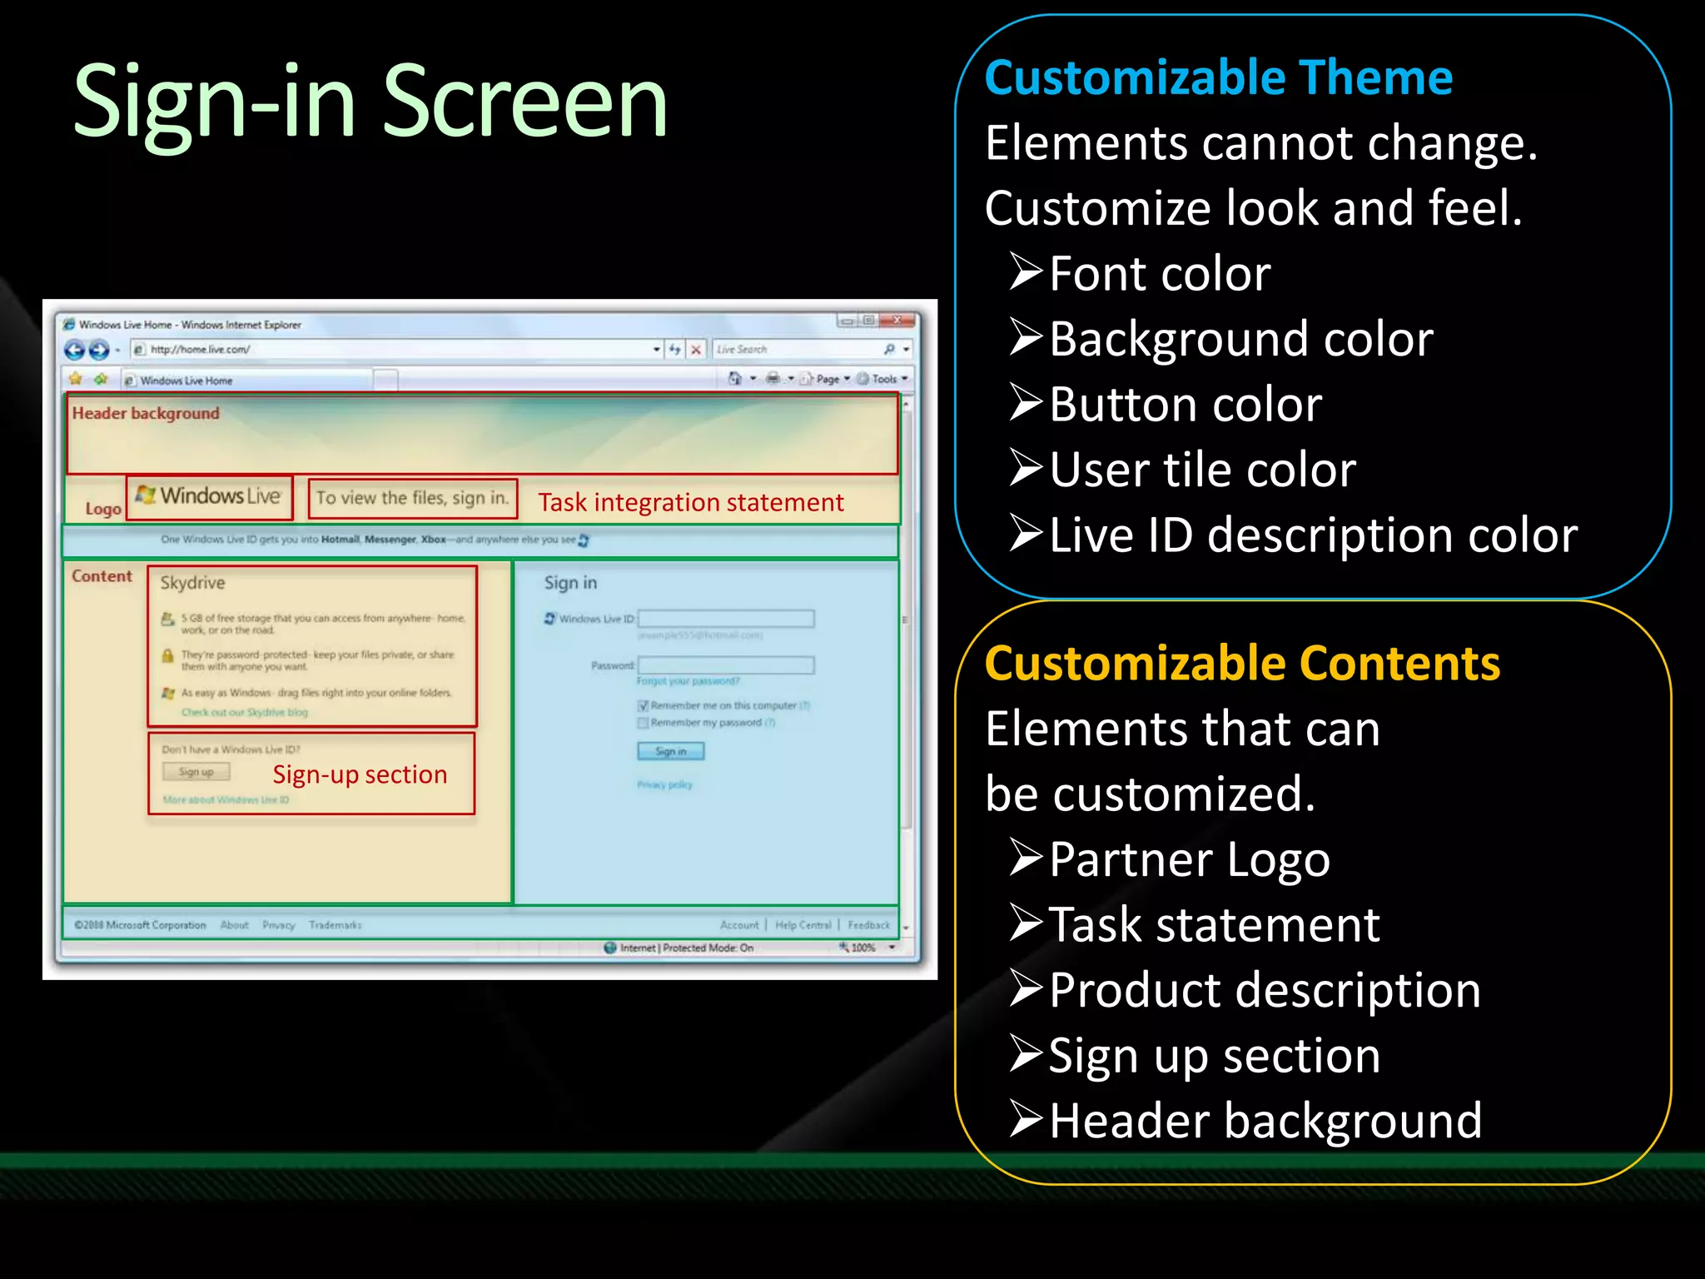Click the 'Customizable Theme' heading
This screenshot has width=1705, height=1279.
pyautogui.click(x=1218, y=78)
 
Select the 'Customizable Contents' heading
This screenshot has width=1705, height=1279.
pyautogui.click(x=1241, y=664)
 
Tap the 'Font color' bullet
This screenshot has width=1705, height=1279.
pyautogui.click(x=1159, y=273)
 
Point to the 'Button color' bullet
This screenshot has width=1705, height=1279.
pyautogui.click(x=1185, y=405)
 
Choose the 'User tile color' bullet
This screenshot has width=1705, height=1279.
pyautogui.click(x=1201, y=470)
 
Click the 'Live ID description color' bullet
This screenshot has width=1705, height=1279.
pyautogui.click(x=1312, y=535)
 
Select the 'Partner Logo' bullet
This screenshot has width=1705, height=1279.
pyautogui.click(x=1189, y=859)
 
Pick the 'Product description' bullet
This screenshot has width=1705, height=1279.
pyautogui.click(x=1264, y=990)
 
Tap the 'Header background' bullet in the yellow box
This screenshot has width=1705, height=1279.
pyautogui.click(x=1265, y=1121)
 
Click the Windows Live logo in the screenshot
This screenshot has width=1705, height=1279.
pyautogui.click(x=210, y=496)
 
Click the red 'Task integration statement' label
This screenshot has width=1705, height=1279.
pyautogui.click(x=690, y=502)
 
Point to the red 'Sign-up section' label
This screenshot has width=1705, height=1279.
pyautogui.click(x=360, y=774)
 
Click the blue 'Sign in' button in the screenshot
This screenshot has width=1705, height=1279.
pyautogui.click(x=670, y=751)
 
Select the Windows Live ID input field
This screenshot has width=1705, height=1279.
pyautogui.click(x=726, y=619)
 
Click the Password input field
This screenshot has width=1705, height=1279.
pyautogui.click(x=726, y=664)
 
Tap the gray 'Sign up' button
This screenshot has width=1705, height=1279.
pyautogui.click(x=196, y=772)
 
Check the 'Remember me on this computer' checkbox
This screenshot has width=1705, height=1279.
pyautogui.click(x=643, y=705)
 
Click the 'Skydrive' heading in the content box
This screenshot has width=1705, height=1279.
pyautogui.click(x=192, y=583)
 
